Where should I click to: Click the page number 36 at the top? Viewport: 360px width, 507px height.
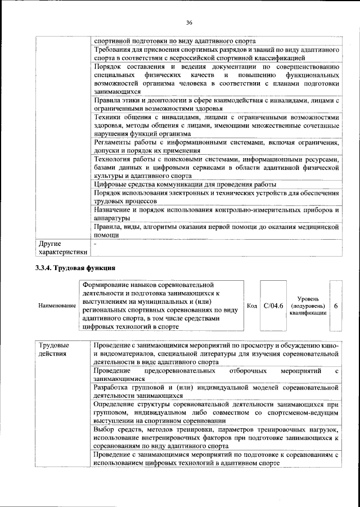[190, 23]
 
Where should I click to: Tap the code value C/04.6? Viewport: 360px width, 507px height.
[273, 306]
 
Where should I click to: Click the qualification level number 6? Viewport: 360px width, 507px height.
[336, 306]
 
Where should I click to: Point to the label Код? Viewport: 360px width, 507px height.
[253, 306]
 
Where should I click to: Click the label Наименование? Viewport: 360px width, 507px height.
[57, 306]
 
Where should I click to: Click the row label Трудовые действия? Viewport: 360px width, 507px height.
[55, 349]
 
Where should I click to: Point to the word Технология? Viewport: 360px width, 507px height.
[113, 159]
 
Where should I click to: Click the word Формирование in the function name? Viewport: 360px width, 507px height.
[107, 285]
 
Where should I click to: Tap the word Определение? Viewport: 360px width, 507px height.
[116, 405]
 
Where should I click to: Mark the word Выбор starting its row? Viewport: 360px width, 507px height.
[105, 430]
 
